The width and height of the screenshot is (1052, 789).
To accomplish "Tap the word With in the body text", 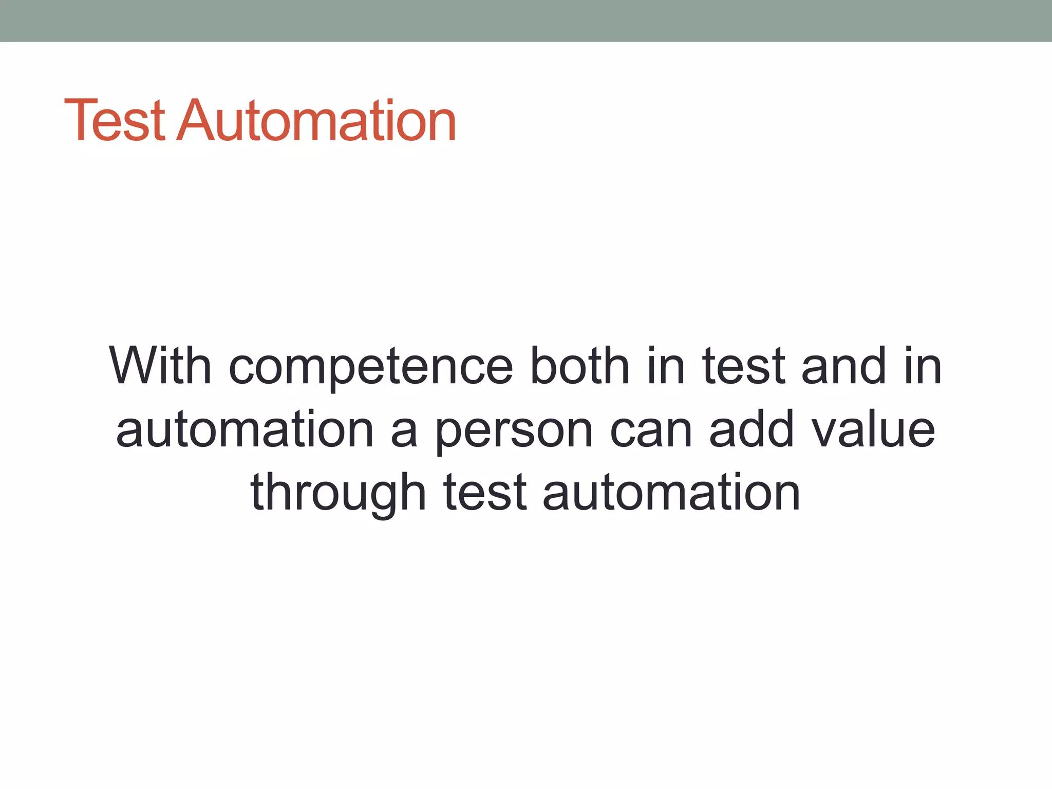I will coord(160,366).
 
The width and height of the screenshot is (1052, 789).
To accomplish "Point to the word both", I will coord(579,366).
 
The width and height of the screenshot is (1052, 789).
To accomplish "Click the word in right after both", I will coord(665,366).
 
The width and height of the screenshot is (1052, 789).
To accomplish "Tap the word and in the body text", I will coord(843,366).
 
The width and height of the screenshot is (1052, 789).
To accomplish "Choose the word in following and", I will coord(923,366).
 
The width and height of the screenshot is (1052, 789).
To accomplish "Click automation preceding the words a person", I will coord(245,429).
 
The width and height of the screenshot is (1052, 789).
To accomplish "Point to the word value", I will coord(873,429).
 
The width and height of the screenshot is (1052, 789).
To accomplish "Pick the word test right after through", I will coord(485,493).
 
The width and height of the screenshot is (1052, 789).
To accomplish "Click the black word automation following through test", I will coord(671,493).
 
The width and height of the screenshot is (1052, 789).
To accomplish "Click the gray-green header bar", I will coord(526,21).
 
